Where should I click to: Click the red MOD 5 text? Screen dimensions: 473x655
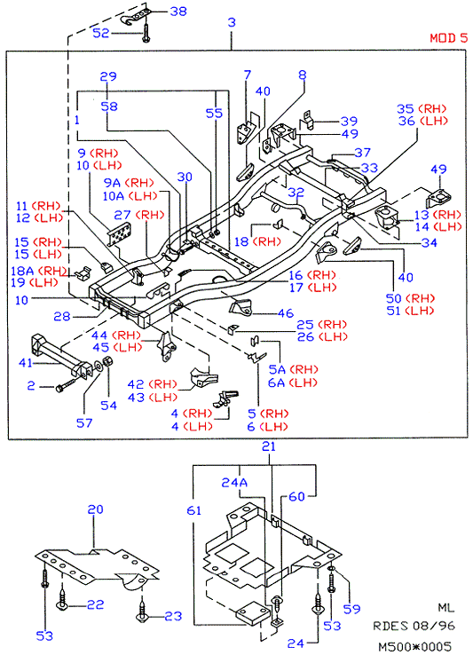pyautogui.click(x=449, y=38)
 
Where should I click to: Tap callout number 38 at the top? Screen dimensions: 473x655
pyautogui.click(x=178, y=12)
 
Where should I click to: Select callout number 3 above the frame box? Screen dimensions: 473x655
pyautogui.click(x=232, y=22)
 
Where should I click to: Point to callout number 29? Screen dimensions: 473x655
pyautogui.click(x=108, y=76)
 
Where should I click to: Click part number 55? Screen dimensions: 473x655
pyautogui.click(x=215, y=114)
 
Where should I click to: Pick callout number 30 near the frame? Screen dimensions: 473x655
pyautogui.click(x=185, y=177)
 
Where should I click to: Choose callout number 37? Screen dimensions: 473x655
pyautogui.click(x=362, y=153)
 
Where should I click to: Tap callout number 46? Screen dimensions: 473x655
pyautogui.click(x=286, y=313)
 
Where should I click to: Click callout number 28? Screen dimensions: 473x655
pyautogui.click(x=62, y=316)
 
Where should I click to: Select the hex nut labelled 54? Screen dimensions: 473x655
pyautogui.click(x=106, y=361)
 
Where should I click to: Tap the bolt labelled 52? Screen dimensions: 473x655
pyautogui.click(x=145, y=33)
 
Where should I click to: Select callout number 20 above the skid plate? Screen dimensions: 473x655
pyautogui.click(x=95, y=509)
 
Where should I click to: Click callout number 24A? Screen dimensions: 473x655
pyautogui.click(x=234, y=483)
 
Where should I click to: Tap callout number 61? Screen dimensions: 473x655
pyautogui.click(x=194, y=510)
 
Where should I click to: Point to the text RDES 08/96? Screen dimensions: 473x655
pyautogui.click(x=414, y=626)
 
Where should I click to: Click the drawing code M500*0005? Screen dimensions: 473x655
pyautogui.click(x=414, y=647)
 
